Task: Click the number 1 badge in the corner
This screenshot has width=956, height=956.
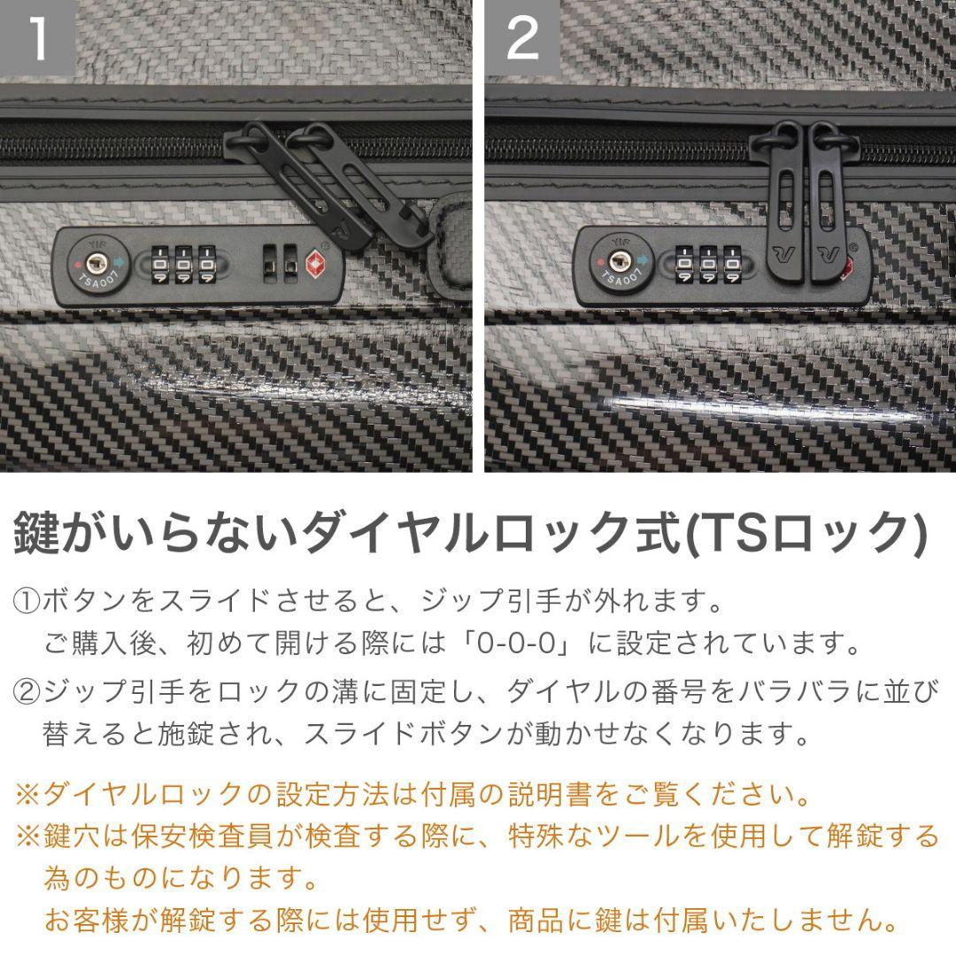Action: (x=37, y=38)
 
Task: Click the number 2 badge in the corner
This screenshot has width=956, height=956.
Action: (x=522, y=38)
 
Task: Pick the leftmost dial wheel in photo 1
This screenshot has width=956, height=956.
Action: (x=161, y=263)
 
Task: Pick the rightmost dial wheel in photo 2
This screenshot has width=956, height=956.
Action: (x=731, y=263)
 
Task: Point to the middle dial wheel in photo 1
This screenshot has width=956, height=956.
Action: (x=184, y=263)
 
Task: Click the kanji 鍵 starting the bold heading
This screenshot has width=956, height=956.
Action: (x=36, y=533)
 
